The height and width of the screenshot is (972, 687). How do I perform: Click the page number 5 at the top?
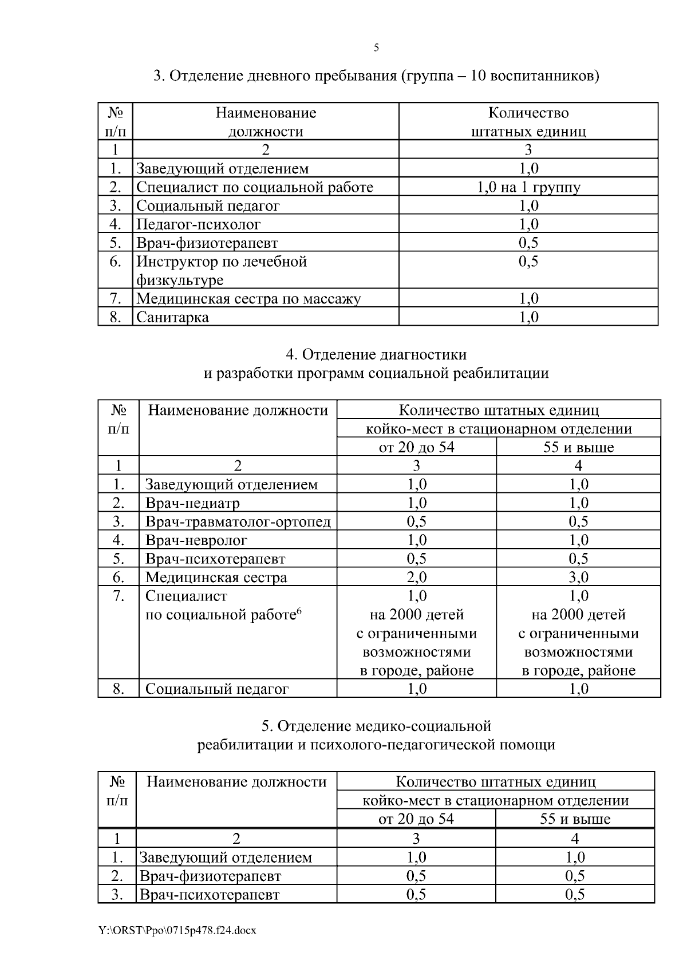coord(376,48)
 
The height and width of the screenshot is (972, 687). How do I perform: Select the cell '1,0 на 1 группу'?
coord(528,187)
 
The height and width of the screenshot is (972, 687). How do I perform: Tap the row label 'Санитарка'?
coord(172,317)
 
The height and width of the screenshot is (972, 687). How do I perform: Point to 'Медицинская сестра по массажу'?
coord(248,298)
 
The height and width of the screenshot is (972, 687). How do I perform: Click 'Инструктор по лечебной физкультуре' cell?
coord(222,270)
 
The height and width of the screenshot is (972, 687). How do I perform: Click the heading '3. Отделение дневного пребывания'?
coord(376,76)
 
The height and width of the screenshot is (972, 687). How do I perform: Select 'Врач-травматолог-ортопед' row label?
coord(238,521)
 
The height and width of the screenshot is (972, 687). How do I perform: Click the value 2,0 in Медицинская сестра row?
coord(416,577)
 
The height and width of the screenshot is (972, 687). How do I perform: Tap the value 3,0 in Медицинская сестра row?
coord(578,577)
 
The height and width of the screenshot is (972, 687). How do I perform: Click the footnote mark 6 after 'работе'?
coord(299,611)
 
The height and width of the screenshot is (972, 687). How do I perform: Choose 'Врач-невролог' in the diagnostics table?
coord(196,540)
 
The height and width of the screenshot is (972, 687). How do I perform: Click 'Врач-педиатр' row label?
coord(192,503)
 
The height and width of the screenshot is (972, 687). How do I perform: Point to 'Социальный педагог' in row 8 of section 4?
coord(217,689)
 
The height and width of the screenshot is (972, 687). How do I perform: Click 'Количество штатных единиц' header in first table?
coord(528,122)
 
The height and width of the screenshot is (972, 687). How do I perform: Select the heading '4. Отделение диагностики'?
coord(376,355)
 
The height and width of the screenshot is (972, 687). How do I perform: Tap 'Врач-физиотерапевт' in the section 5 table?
coord(211,876)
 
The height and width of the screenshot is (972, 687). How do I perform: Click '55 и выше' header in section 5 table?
coord(575,819)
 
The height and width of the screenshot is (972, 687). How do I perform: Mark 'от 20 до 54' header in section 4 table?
coord(416,447)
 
